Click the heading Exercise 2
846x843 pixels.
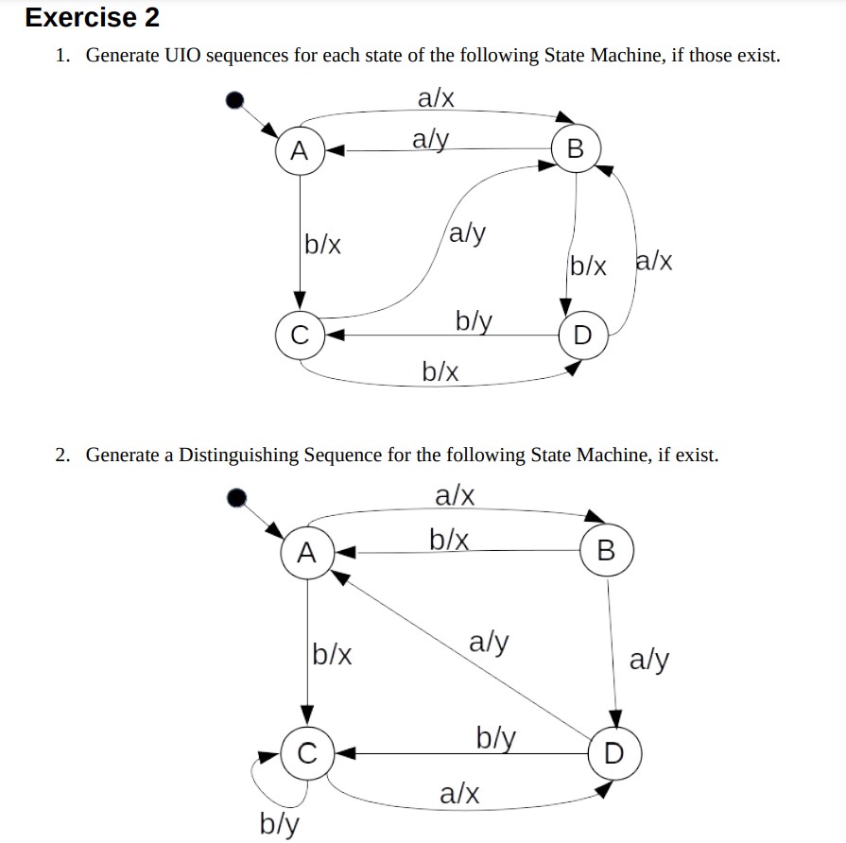pyautogui.click(x=92, y=18)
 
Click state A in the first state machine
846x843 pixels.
pyautogui.click(x=300, y=149)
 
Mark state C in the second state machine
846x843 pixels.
pyautogui.click(x=305, y=753)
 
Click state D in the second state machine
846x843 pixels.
pyautogui.click(x=614, y=753)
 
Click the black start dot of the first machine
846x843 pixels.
pyautogui.click(x=238, y=98)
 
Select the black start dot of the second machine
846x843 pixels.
pyautogui.click(x=238, y=497)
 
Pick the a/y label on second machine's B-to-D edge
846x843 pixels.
pyautogui.click(x=649, y=659)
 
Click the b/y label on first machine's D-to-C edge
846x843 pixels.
pyautogui.click(x=475, y=320)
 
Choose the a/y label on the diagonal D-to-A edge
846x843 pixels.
pyautogui.click(x=489, y=644)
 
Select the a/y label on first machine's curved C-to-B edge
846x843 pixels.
pyautogui.click(x=468, y=232)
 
